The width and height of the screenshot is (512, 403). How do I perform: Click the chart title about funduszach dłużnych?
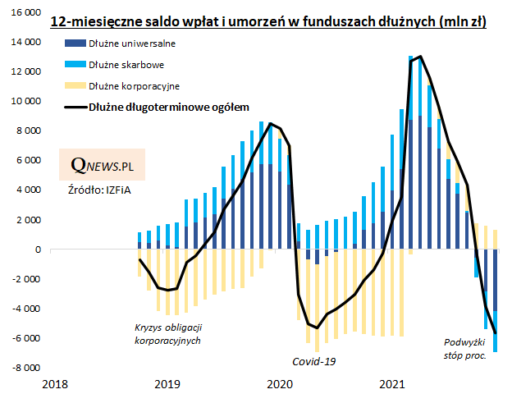pos(267,21)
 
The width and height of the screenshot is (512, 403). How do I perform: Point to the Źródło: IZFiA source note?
pos(96,190)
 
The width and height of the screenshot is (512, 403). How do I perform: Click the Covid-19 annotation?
pos(314,360)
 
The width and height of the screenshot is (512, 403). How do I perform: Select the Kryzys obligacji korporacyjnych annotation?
pos(167,333)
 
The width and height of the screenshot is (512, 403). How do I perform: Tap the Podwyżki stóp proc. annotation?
pos(465,349)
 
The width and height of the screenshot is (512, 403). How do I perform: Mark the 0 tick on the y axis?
pos(37,250)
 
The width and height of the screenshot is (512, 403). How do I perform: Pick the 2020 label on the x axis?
pos(280,384)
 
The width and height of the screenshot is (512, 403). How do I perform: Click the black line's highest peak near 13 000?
pos(421,57)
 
